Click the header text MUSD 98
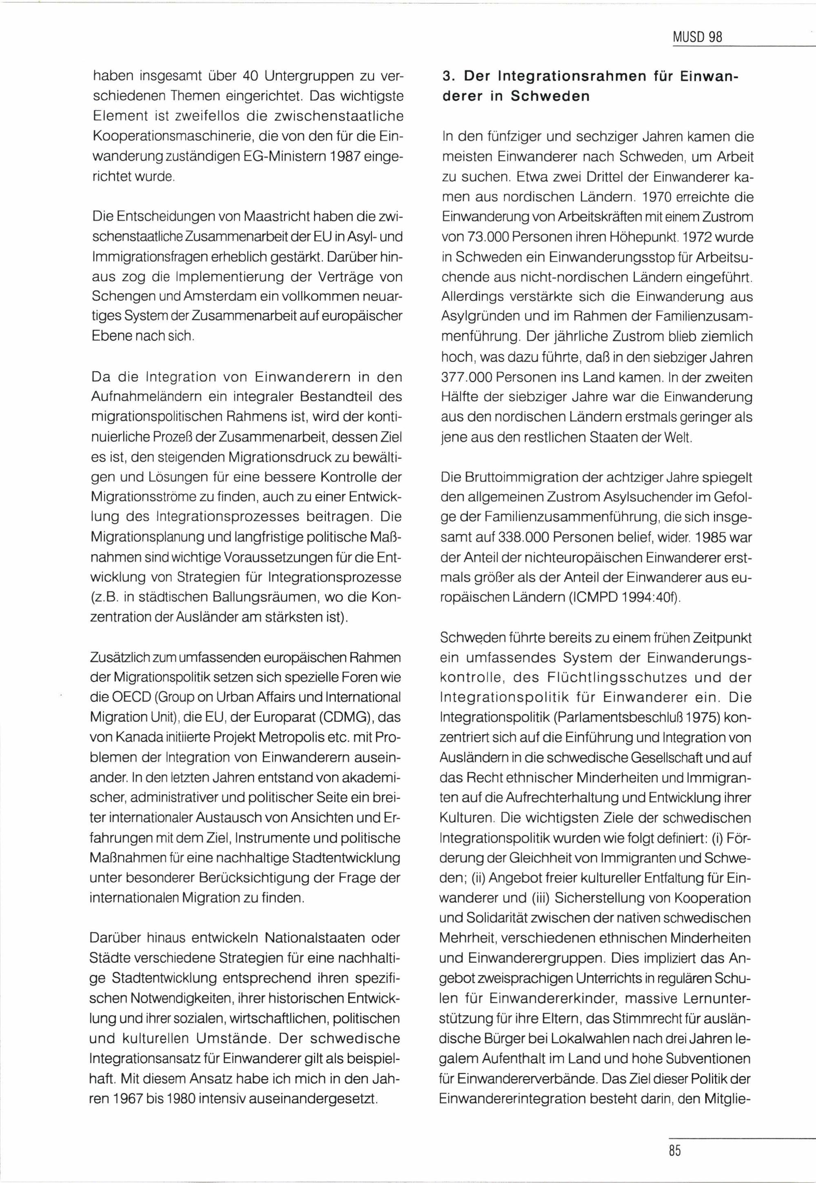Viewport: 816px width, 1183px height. point(698,37)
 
